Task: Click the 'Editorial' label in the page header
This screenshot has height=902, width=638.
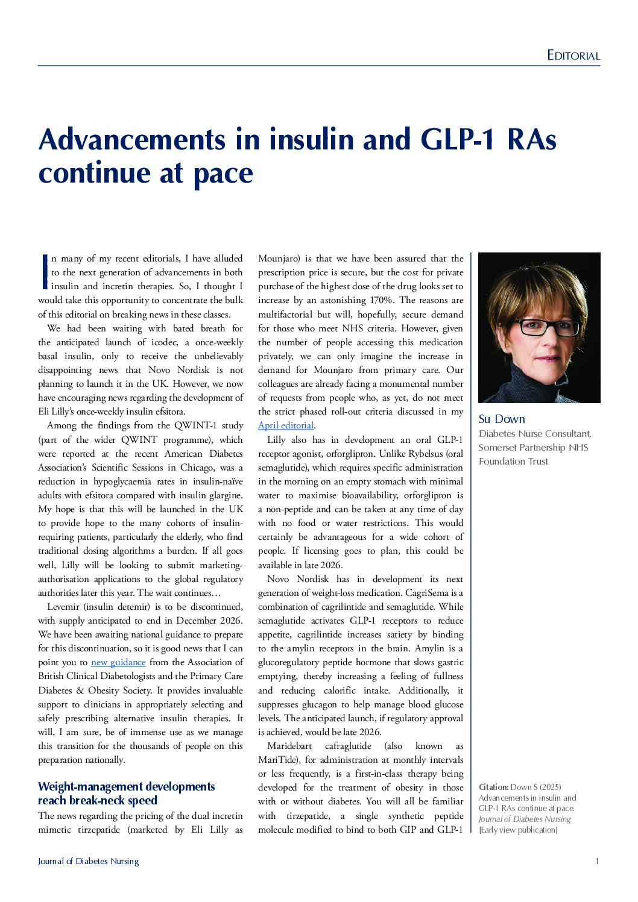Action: click(x=573, y=55)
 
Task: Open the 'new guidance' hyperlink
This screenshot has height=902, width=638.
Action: click(x=118, y=662)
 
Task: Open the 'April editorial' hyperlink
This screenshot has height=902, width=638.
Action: click(x=286, y=425)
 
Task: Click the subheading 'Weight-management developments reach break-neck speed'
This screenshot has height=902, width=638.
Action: click(x=126, y=794)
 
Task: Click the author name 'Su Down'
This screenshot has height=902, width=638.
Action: click(x=502, y=419)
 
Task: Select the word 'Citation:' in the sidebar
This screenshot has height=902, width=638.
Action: click(x=493, y=787)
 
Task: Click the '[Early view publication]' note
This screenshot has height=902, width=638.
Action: click(x=517, y=830)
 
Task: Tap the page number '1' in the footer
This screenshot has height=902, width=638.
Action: click(x=597, y=861)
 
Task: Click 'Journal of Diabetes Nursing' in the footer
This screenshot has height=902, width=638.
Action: click(x=88, y=861)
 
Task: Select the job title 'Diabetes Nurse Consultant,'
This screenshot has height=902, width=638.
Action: click(x=535, y=434)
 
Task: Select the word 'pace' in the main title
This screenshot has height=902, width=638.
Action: click(x=223, y=173)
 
